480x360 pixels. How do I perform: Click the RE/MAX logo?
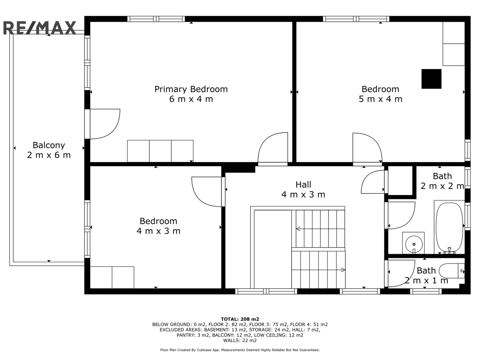coord(40,28)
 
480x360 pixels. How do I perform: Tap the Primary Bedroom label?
coord(191,89)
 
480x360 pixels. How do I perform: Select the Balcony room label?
coord(49,145)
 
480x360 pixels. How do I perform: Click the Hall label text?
coord(303,184)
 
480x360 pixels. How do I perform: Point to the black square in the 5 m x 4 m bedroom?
coord(431,79)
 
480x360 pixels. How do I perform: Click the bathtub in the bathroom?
coord(449,227)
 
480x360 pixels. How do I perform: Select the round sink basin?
coord(414,244)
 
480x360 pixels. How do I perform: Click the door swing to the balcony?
coord(105,124)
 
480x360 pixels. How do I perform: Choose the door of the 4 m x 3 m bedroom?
coord(207,192)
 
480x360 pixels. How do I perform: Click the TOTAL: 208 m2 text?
coord(240,319)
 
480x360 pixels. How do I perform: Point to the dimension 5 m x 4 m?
coord(380,99)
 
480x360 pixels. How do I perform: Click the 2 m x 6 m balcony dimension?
coord(49,155)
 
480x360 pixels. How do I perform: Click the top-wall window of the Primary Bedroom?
coord(156,19)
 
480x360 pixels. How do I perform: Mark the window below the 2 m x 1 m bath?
coord(426,291)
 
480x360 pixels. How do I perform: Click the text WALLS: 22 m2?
coord(240,340)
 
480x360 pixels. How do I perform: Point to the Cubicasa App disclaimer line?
coord(240,350)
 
